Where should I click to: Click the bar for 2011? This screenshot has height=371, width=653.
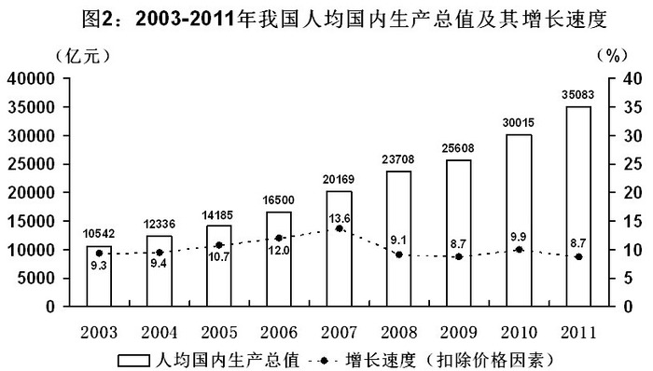(578, 206)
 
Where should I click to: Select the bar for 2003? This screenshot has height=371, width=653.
(99, 276)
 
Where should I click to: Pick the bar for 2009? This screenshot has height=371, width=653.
(459, 233)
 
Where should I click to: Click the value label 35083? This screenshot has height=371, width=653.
(578, 95)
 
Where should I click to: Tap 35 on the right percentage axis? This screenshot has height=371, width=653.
(632, 107)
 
